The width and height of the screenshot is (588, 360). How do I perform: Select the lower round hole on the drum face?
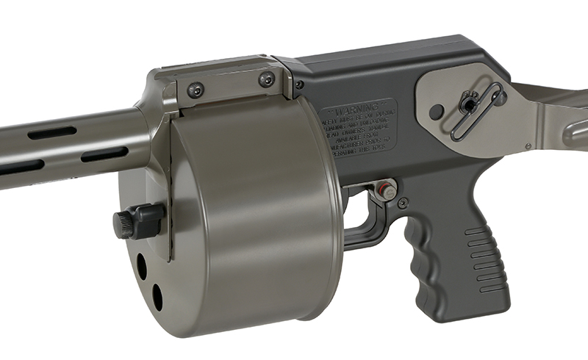pyautogui.click(x=157, y=295)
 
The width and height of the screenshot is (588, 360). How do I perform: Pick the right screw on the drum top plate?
pyautogui.click(x=266, y=79)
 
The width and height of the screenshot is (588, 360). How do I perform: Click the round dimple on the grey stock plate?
pyautogui.click(x=437, y=112)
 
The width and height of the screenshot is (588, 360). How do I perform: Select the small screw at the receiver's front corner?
pyautogui.click(x=298, y=85)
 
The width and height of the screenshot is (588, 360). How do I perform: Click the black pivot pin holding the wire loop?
pyautogui.click(x=467, y=104)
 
